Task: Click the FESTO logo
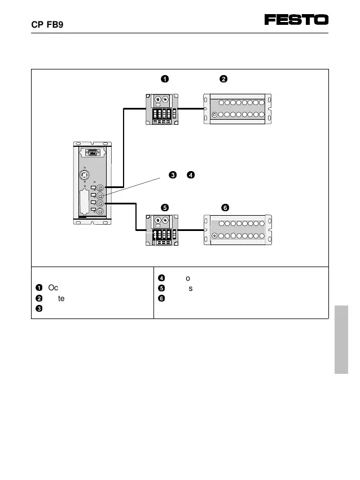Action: click(296, 20)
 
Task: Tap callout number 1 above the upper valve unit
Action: click(164, 78)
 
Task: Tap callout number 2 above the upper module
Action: click(223, 78)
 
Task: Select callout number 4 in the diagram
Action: click(191, 174)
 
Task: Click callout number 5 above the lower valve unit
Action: click(164, 207)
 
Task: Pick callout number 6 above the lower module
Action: click(225, 207)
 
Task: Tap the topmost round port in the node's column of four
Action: click(100, 187)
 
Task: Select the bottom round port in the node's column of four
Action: click(100, 211)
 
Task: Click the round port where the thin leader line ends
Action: click(100, 195)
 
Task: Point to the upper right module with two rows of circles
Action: click(237, 109)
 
